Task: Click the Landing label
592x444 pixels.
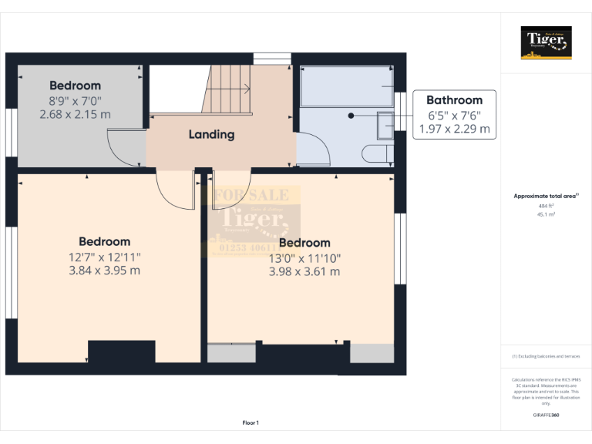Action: (x=211, y=134)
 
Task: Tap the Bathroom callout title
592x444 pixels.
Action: (x=454, y=100)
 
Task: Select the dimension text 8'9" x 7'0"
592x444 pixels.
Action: (x=75, y=100)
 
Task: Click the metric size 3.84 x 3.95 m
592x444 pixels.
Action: (x=104, y=271)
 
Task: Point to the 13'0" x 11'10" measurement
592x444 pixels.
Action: (x=304, y=258)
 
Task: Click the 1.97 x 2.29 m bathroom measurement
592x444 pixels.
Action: (x=454, y=129)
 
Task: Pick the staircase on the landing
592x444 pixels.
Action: (x=227, y=89)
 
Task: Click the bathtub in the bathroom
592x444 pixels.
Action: (x=347, y=86)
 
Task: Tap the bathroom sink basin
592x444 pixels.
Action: (x=385, y=123)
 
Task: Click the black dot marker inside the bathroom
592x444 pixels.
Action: (x=351, y=116)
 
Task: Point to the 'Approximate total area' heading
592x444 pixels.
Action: (x=546, y=197)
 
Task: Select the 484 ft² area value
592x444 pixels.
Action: (x=546, y=206)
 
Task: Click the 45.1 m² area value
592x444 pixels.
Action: (x=546, y=214)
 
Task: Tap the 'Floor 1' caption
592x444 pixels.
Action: (x=251, y=422)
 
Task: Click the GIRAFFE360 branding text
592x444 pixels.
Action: (x=546, y=415)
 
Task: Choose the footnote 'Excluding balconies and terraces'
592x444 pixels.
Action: (x=546, y=356)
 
